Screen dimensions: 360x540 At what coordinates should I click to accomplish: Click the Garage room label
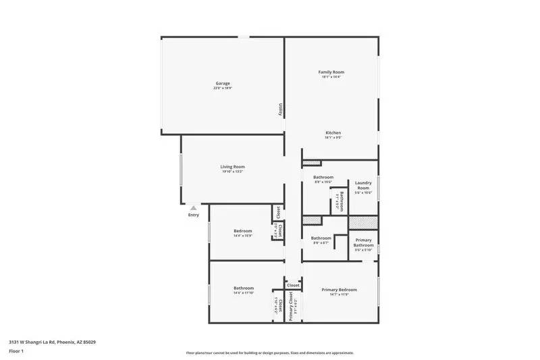pyautogui.click(x=223, y=83)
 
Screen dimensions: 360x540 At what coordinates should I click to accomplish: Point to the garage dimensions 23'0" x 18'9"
pyautogui.click(x=223, y=88)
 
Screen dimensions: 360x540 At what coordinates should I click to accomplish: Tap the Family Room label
pyautogui.click(x=331, y=72)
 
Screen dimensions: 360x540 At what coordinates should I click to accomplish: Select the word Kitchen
pyautogui.click(x=333, y=132)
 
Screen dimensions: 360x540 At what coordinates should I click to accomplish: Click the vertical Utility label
pyautogui.click(x=280, y=109)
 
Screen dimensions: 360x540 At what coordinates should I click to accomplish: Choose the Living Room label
pyautogui.click(x=232, y=166)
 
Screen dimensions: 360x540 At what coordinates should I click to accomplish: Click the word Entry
pyautogui.click(x=194, y=215)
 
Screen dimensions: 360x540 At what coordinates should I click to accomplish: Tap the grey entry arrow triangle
pyautogui.click(x=194, y=208)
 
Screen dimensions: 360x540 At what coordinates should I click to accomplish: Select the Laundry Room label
pyautogui.click(x=364, y=186)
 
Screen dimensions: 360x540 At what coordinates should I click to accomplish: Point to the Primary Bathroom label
pyautogui.click(x=364, y=242)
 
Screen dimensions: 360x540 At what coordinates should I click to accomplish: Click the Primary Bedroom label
pyautogui.click(x=340, y=289)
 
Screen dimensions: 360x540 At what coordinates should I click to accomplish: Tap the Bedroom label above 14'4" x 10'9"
pyautogui.click(x=242, y=230)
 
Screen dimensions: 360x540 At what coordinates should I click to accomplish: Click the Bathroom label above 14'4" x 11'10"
pyautogui.click(x=244, y=288)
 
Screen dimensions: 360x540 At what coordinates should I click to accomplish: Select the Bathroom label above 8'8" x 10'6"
pyautogui.click(x=323, y=177)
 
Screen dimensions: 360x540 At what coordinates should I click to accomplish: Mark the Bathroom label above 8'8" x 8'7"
pyautogui.click(x=321, y=238)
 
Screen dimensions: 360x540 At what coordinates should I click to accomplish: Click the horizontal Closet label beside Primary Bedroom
pyautogui.click(x=293, y=285)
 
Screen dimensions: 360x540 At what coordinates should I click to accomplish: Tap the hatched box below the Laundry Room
pyautogui.click(x=363, y=223)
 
